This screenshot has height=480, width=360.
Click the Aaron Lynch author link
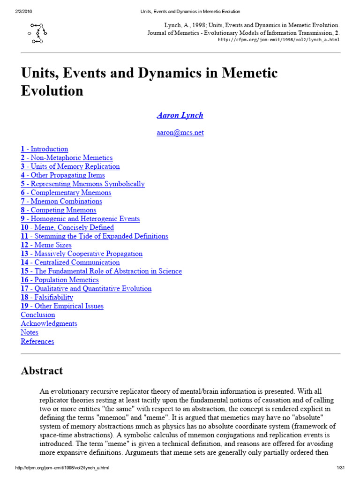(x=180, y=115)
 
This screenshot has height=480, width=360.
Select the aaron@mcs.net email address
(x=180, y=133)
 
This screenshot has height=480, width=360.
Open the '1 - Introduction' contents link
(x=45, y=149)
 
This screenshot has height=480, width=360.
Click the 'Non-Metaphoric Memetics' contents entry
(x=67, y=158)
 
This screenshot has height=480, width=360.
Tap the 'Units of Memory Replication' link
(x=70, y=166)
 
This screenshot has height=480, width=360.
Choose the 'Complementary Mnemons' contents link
(x=66, y=193)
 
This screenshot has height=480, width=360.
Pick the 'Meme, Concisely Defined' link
(x=67, y=227)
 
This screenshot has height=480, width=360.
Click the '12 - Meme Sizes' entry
(x=46, y=245)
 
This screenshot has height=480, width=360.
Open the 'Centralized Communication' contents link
(x=70, y=262)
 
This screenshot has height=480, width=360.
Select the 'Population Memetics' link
(x=60, y=280)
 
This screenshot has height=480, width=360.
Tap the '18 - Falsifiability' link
(x=47, y=297)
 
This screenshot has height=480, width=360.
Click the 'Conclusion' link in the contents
(x=38, y=315)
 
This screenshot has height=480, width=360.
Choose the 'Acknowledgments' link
(x=49, y=323)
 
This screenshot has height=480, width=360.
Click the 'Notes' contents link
(x=30, y=332)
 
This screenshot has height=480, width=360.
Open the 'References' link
(x=37, y=341)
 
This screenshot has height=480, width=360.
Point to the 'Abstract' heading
(x=42, y=371)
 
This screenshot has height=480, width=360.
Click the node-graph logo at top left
(x=37, y=33)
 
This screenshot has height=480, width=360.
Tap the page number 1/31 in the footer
(x=340, y=468)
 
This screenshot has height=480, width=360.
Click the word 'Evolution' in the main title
(x=52, y=90)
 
